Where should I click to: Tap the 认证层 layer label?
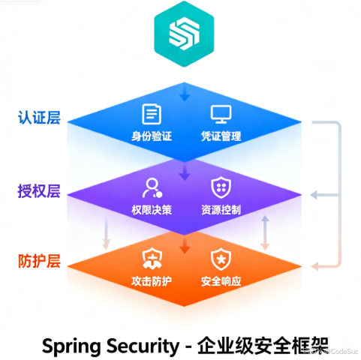(x=39, y=118)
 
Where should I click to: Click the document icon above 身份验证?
(x=152, y=114)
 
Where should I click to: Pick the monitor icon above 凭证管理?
(x=220, y=114)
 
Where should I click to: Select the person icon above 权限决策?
(x=152, y=187)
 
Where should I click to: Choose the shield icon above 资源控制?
(x=220, y=187)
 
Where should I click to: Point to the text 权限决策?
(x=152, y=210)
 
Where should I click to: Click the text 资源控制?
(x=221, y=210)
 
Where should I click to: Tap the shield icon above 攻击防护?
(x=152, y=259)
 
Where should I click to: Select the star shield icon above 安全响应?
(x=220, y=259)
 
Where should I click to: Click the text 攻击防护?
(x=152, y=282)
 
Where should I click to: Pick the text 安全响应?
(x=221, y=282)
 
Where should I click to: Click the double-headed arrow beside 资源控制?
(x=264, y=232)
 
